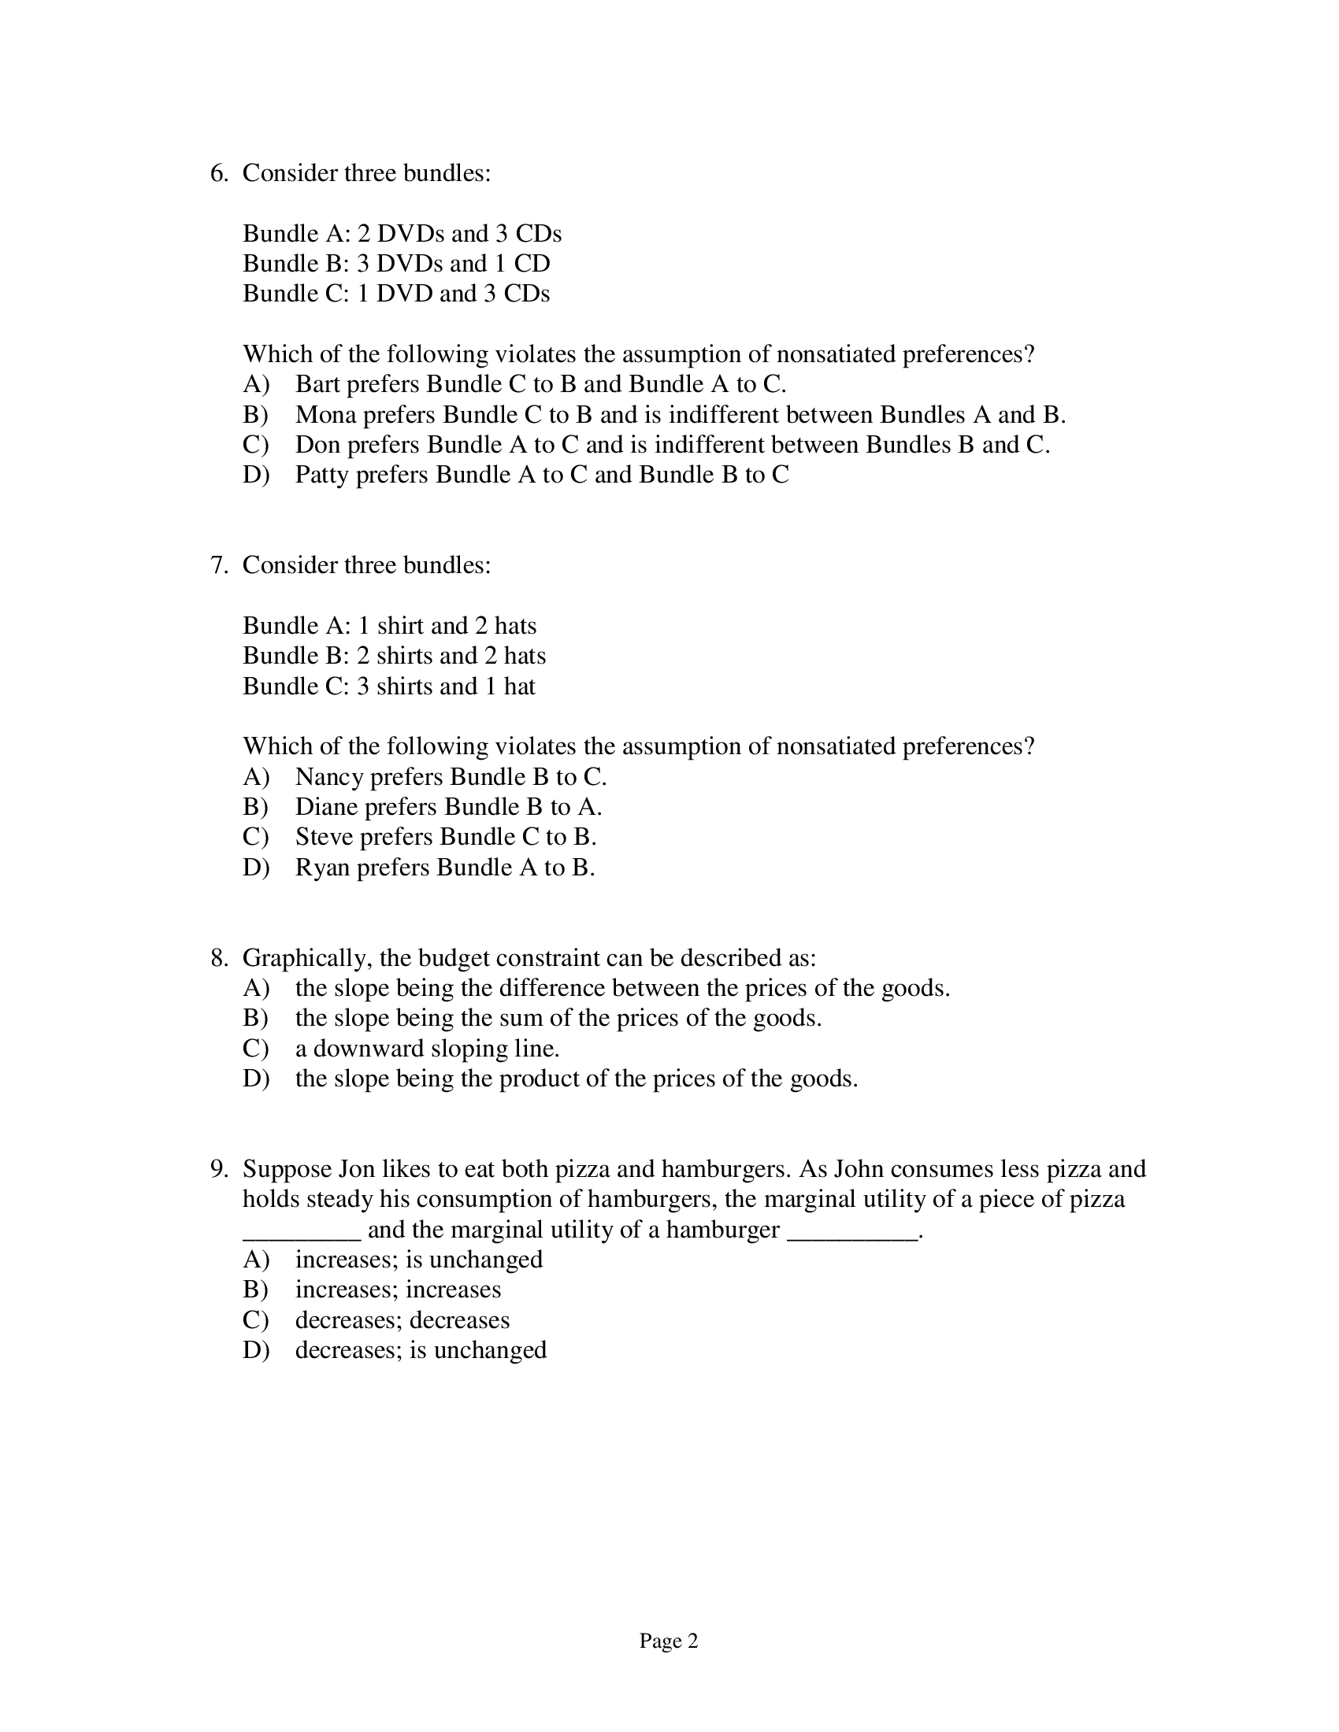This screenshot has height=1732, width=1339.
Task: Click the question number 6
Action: [218, 174]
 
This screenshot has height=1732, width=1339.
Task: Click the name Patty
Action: [322, 475]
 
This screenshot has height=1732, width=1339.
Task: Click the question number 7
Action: [218, 565]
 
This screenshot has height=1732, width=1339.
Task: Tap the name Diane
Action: [326, 807]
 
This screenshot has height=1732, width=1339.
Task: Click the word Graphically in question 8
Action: [306, 959]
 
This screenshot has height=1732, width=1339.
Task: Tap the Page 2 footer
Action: [668, 1641]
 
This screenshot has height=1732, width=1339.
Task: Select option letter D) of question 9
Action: [255, 1350]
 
